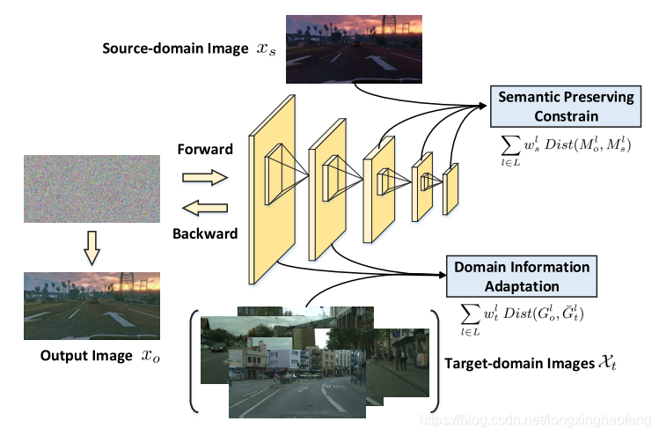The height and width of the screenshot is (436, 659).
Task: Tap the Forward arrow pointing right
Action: pos(204,178)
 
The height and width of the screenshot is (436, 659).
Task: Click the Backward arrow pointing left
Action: pos(204,209)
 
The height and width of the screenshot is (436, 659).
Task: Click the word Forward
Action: pos(204,150)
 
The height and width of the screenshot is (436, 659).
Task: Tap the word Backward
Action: pos(205,234)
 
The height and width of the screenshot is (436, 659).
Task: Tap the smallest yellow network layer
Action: pos(451,188)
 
